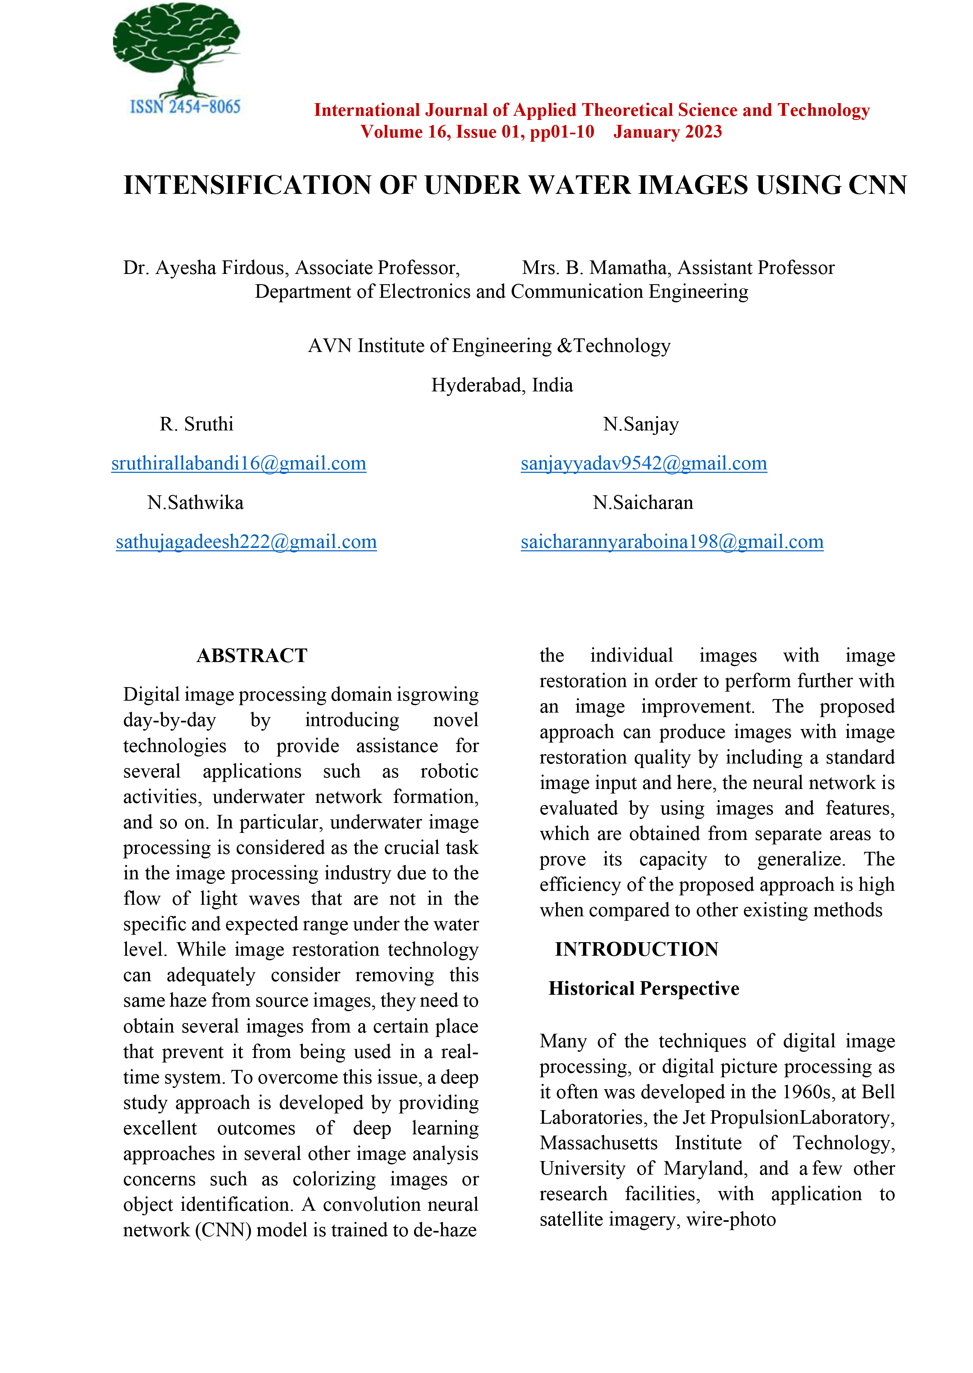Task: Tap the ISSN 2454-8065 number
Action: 185,107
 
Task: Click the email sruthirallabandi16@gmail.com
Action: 238,463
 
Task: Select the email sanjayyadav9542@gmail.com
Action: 643,463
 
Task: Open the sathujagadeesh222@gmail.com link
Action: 246,542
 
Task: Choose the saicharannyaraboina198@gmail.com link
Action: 672,542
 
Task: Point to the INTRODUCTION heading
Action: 636,949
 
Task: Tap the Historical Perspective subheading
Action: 643,988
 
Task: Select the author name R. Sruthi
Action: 197,425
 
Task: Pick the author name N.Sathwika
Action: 195,502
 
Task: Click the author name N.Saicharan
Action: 643,502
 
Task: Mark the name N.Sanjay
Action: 641,425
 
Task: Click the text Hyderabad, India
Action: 502,385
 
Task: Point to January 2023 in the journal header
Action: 667,132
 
